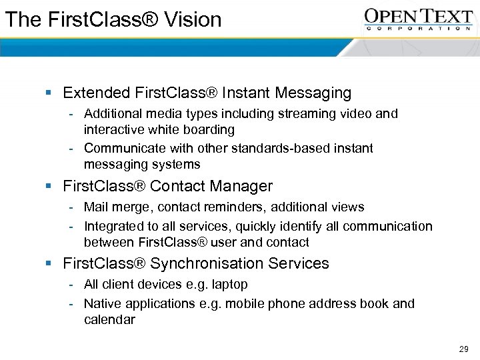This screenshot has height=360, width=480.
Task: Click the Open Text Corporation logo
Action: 418,19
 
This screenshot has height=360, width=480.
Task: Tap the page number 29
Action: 464,349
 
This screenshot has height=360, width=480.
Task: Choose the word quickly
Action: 253,227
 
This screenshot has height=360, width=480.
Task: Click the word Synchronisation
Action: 208,263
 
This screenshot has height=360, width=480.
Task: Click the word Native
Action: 103,304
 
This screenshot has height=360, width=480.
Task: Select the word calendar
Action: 109,320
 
